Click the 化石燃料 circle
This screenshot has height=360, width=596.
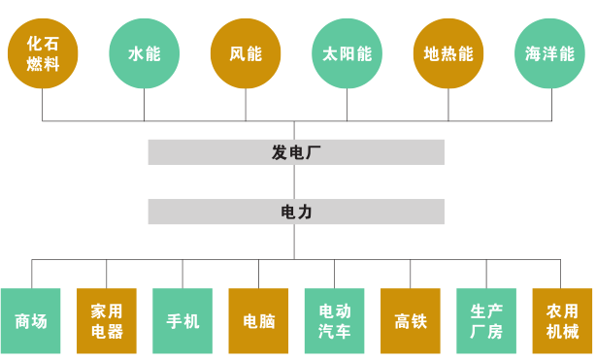(x=43, y=53)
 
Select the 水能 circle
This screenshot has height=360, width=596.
(x=145, y=53)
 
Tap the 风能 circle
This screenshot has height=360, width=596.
(x=246, y=53)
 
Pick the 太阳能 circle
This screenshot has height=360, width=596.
(x=348, y=53)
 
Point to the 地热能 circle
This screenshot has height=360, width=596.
(x=448, y=53)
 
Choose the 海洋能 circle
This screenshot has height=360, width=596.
(x=550, y=53)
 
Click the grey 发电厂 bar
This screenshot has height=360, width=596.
(x=296, y=152)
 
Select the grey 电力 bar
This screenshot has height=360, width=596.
(x=296, y=212)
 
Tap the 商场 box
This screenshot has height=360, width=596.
(x=31, y=321)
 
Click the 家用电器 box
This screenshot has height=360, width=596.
(x=107, y=321)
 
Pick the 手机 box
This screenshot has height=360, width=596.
(x=182, y=321)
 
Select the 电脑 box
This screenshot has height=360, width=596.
(x=258, y=321)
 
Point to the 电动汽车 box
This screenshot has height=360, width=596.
(x=335, y=321)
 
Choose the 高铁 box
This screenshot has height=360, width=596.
(x=411, y=321)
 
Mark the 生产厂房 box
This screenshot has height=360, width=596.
(x=486, y=321)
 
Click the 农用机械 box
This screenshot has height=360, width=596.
(x=562, y=321)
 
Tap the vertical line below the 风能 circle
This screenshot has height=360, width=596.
(x=246, y=105)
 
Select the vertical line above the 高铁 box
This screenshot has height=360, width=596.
(x=411, y=274)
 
